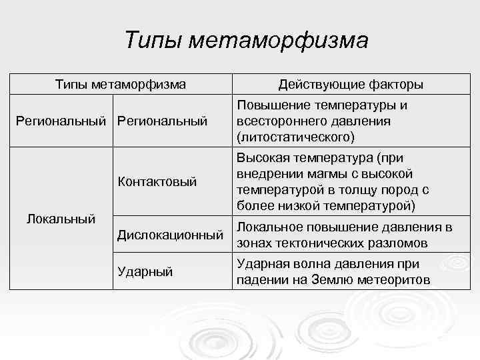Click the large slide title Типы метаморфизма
pos(246,41)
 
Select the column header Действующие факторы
pos(351,85)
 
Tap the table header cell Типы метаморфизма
pos(120,85)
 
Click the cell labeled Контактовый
pos(157,181)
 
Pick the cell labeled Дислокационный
pos(169,235)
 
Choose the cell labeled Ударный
pos(145,271)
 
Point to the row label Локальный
pos(59,218)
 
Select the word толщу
pos(351,189)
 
